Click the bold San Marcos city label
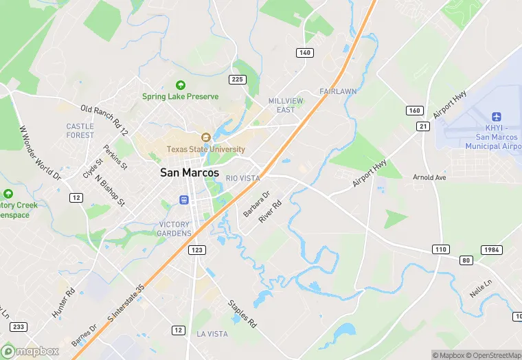pyautogui.click(x=190, y=173)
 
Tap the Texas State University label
pyautogui.click(x=205, y=149)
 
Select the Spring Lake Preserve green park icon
pyautogui.click(x=181, y=85)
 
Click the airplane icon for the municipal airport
pyautogui.click(x=497, y=117)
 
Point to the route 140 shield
pyautogui.click(x=305, y=53)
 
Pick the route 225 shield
pyautogui.click(x=238, y=80)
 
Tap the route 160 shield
pyautogui.click(x=414, y=110)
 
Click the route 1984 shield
pyautogui.click(x=491, y=249)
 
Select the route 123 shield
pyautogui.click(x=197, y=250)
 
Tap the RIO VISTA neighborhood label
pyautogui.click(x=243, y=178)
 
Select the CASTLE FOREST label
pyautogui.click(x=80, y=131)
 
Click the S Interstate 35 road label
pyautogui.click(x=124, y=307)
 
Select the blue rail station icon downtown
pyautogui.click(x=184, y=200)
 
